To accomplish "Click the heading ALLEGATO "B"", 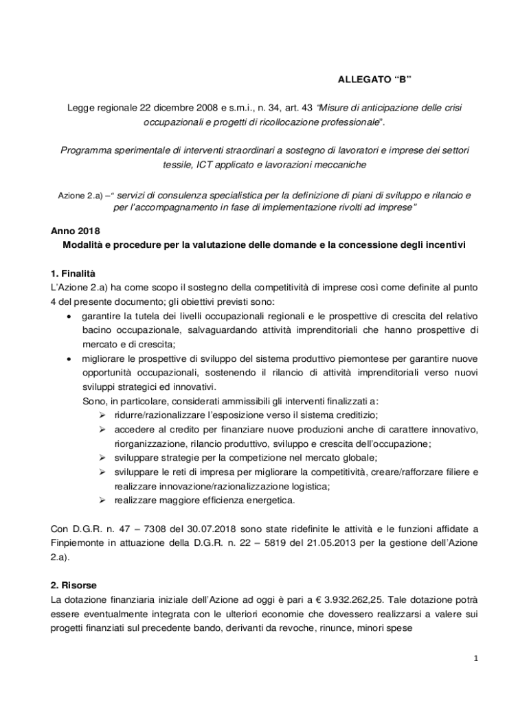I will point(374,79).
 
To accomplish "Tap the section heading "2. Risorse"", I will point(74,585).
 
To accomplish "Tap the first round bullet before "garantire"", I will point(69,316).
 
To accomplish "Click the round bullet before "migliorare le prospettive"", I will point(69,359).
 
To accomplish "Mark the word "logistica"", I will point(286,486).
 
